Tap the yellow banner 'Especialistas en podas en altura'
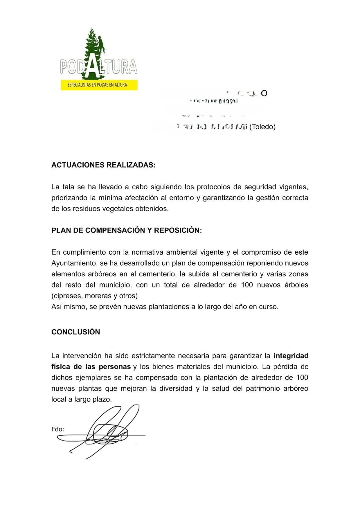(99, 85)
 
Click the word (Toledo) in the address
(262, 127)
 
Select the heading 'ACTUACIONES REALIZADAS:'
(103, 165)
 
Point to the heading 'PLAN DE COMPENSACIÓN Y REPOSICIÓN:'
(127, 231)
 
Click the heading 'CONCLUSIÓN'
(75, 332)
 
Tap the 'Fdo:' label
(58, 429)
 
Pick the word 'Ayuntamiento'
(74, 263)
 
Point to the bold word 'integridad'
(291, 356)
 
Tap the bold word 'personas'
(115, 367)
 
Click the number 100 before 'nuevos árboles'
(247, 285)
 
